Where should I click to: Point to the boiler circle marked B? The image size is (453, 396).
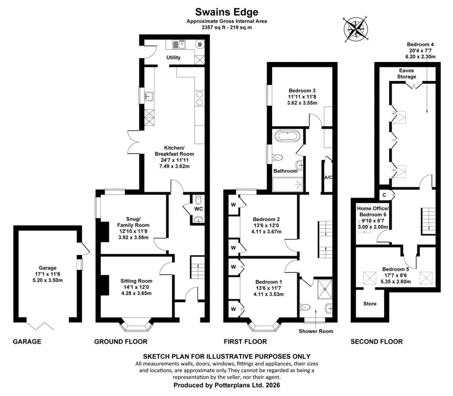[x=200, y=44]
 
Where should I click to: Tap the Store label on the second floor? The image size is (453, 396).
[x=369, y=304]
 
